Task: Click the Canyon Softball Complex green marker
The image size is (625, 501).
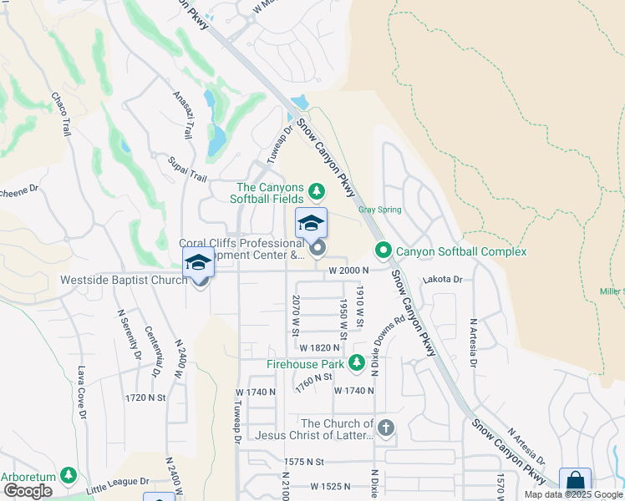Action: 384,250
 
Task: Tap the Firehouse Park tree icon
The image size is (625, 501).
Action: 357,363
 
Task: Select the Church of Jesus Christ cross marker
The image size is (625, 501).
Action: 385,428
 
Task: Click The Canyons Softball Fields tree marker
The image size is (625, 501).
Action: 316,192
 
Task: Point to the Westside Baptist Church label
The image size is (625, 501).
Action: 124,280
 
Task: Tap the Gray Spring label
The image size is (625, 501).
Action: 380,210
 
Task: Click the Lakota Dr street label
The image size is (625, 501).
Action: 443,280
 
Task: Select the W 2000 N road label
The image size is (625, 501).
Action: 348,271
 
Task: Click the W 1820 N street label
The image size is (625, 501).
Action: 320,347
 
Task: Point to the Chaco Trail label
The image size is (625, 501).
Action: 62,114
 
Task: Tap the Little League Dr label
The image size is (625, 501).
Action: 116,483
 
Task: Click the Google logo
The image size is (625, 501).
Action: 28,491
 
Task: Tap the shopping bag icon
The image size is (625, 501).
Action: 575,482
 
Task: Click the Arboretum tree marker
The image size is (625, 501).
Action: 69,475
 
